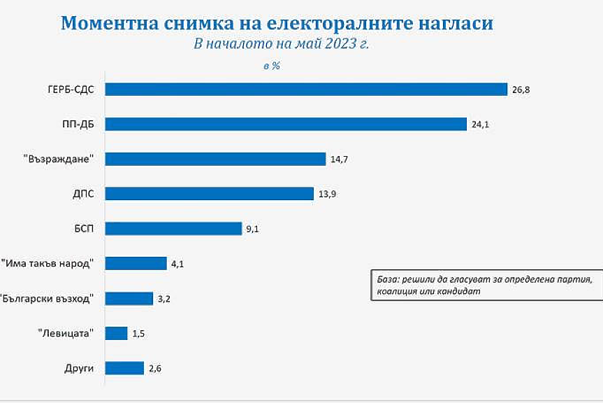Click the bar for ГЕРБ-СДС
(x=306, y=89)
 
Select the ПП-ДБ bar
(x=286, y=124)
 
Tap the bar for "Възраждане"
(x=216, y=159)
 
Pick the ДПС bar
(x=210, y=194)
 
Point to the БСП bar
(x=173, y=229)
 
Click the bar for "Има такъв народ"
(x=136, y=264)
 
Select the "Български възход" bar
(x=129, y=299)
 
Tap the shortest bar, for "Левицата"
(x=117, y=333)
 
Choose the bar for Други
(x=124, y=368)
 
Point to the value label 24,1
(x=480, y=125)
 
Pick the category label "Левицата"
(x=66, y=333)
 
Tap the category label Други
(x=79, y=368)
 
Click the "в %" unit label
(x=272, y=65)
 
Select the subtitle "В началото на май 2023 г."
(x=281, y=43)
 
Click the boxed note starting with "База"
(x=486, y=285)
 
